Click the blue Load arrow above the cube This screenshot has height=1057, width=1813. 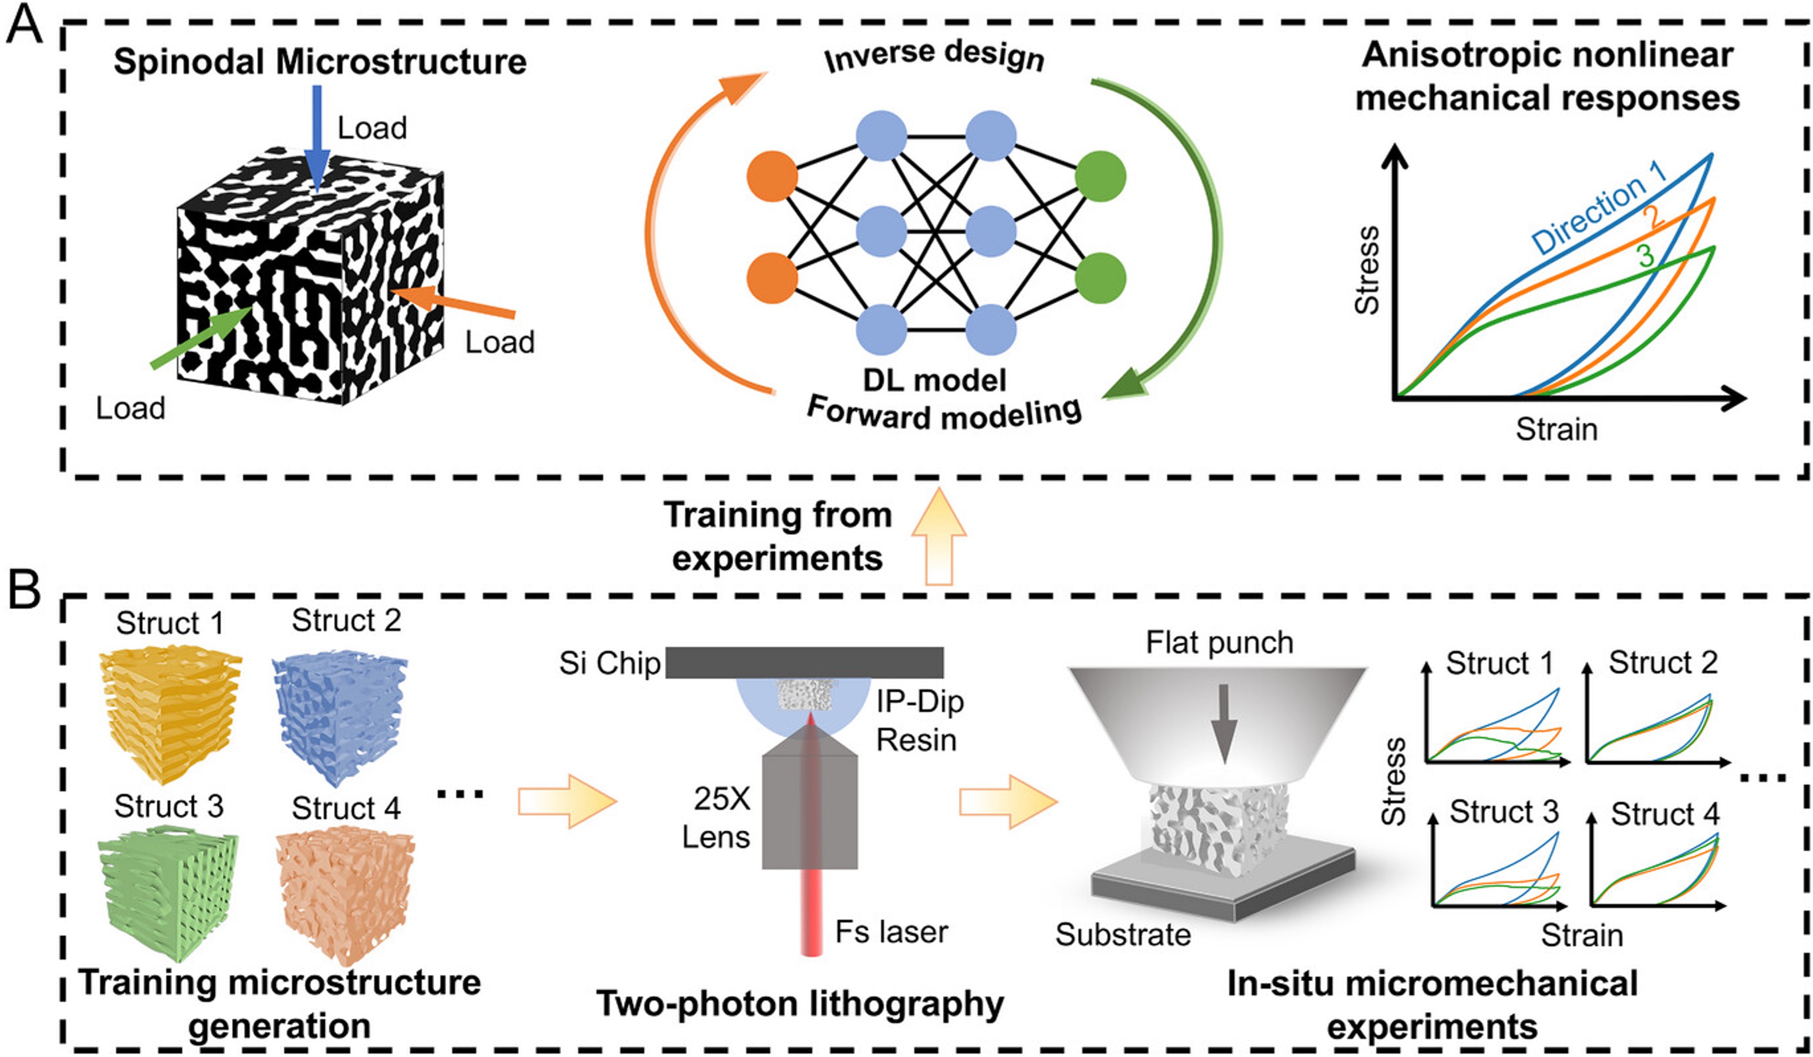pos(316,139)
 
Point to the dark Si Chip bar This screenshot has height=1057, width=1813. pos(804,662)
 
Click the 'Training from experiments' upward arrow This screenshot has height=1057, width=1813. pos(939,536)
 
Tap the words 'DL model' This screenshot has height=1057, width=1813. pos(935,380)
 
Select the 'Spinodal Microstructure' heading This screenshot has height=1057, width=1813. pos(320,61)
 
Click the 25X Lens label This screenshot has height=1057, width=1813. pos(717,818)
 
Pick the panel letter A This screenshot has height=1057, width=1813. pos(24,25)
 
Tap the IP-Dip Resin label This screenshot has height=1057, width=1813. pos(919,720)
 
